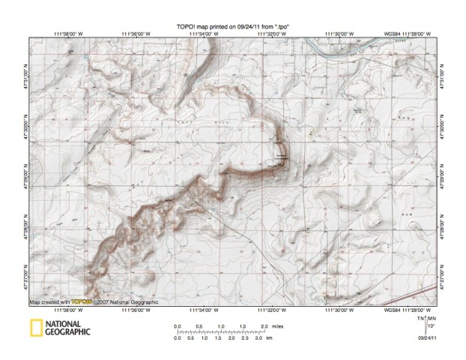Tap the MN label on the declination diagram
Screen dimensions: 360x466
coord(432,319)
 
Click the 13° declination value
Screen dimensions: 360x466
coord(431,326)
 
